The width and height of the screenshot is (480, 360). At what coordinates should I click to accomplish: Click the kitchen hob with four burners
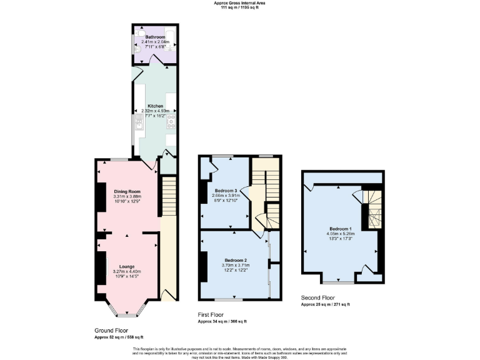click(171, 122)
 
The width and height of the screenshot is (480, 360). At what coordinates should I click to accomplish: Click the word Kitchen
click(155, 106)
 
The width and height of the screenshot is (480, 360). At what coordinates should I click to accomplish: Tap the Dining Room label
click(127, 191)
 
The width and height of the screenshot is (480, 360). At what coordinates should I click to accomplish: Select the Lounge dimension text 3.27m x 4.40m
click(127, 272)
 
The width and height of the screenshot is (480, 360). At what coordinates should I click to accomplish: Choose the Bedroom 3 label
click(226, 190)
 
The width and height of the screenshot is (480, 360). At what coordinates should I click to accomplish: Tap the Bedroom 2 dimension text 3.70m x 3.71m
click(236, 265)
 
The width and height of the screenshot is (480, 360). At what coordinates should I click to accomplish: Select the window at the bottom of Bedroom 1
click(340, 281)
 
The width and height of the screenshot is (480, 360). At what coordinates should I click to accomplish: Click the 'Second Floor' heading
click(317, 298)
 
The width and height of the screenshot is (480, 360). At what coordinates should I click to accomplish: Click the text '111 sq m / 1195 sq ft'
click(239, 7)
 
